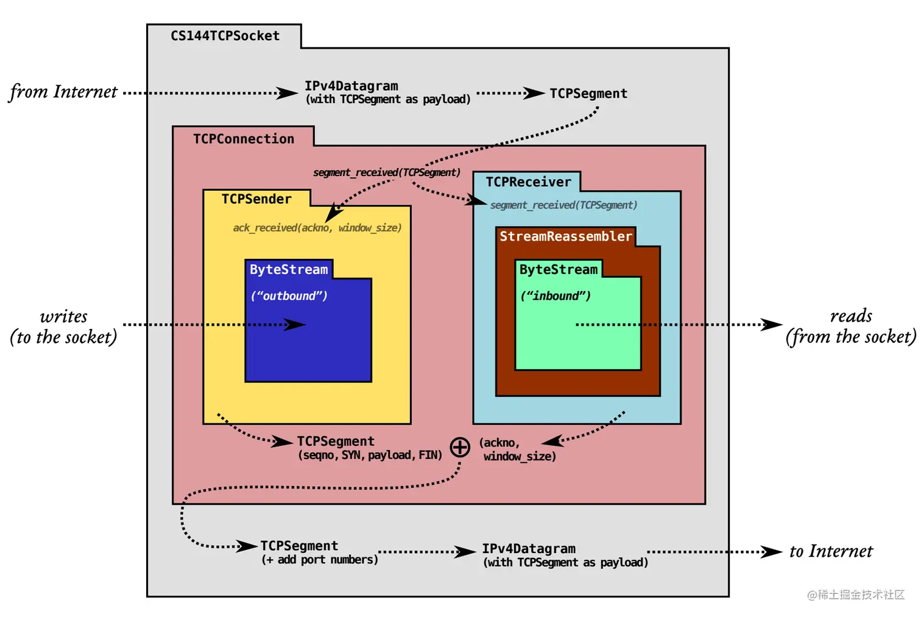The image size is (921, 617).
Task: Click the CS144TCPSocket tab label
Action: pos(225,36)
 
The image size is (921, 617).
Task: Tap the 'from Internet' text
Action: pos(63,92)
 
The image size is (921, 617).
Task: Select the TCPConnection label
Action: pos(244,139)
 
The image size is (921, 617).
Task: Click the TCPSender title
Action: pos(256,199)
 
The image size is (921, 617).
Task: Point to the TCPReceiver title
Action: pos(528,182)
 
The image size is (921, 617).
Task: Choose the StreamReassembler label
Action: pos(566,236)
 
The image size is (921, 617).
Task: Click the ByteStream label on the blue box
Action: pos(289,269)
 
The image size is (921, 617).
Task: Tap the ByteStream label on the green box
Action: pos(559,269)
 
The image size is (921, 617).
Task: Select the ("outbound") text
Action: pos(289,296)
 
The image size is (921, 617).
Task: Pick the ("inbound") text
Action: pos(556,296)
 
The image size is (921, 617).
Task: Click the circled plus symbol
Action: pos(460,447)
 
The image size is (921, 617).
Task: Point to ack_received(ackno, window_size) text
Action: pos(317,228)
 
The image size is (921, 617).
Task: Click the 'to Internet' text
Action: pos(831,552)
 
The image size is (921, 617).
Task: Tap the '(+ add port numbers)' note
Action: pos(320,560)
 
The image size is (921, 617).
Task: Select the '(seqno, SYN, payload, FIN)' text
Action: pos(370,455)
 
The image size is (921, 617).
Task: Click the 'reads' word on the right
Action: pos(851,316)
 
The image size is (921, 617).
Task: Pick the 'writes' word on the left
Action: pos(64,317)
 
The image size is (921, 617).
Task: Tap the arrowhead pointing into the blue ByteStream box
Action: pos(297,325)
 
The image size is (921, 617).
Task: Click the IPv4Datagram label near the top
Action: pos(351,86)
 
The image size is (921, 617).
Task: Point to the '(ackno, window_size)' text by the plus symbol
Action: pos(517,450)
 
